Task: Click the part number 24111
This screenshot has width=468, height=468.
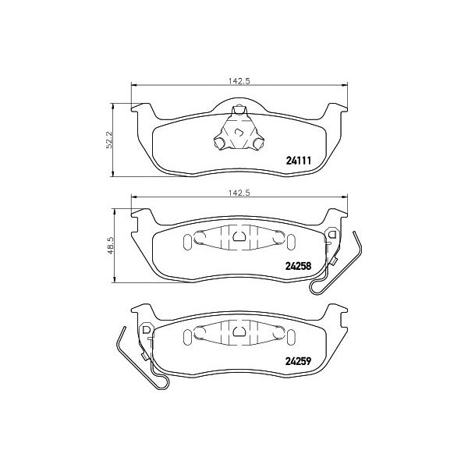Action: click(x=299, y=161)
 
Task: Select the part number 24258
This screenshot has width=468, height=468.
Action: click(x=299, y=266)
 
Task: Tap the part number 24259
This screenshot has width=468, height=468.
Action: click(x=299, y=361)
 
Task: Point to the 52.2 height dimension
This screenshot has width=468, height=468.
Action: click(x=109, y=140)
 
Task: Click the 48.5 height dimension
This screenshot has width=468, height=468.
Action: click(x=111, y=246)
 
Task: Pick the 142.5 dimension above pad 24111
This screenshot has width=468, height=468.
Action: click(x=239, y=81)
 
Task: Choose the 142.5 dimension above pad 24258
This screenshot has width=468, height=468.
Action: click(x=239, y=193)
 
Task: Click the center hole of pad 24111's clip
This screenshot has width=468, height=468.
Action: click(x=239, y=132)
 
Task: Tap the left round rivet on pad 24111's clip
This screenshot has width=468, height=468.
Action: click(x=220, y=144)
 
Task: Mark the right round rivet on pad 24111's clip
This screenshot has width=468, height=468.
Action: click(x=258, y=144)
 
